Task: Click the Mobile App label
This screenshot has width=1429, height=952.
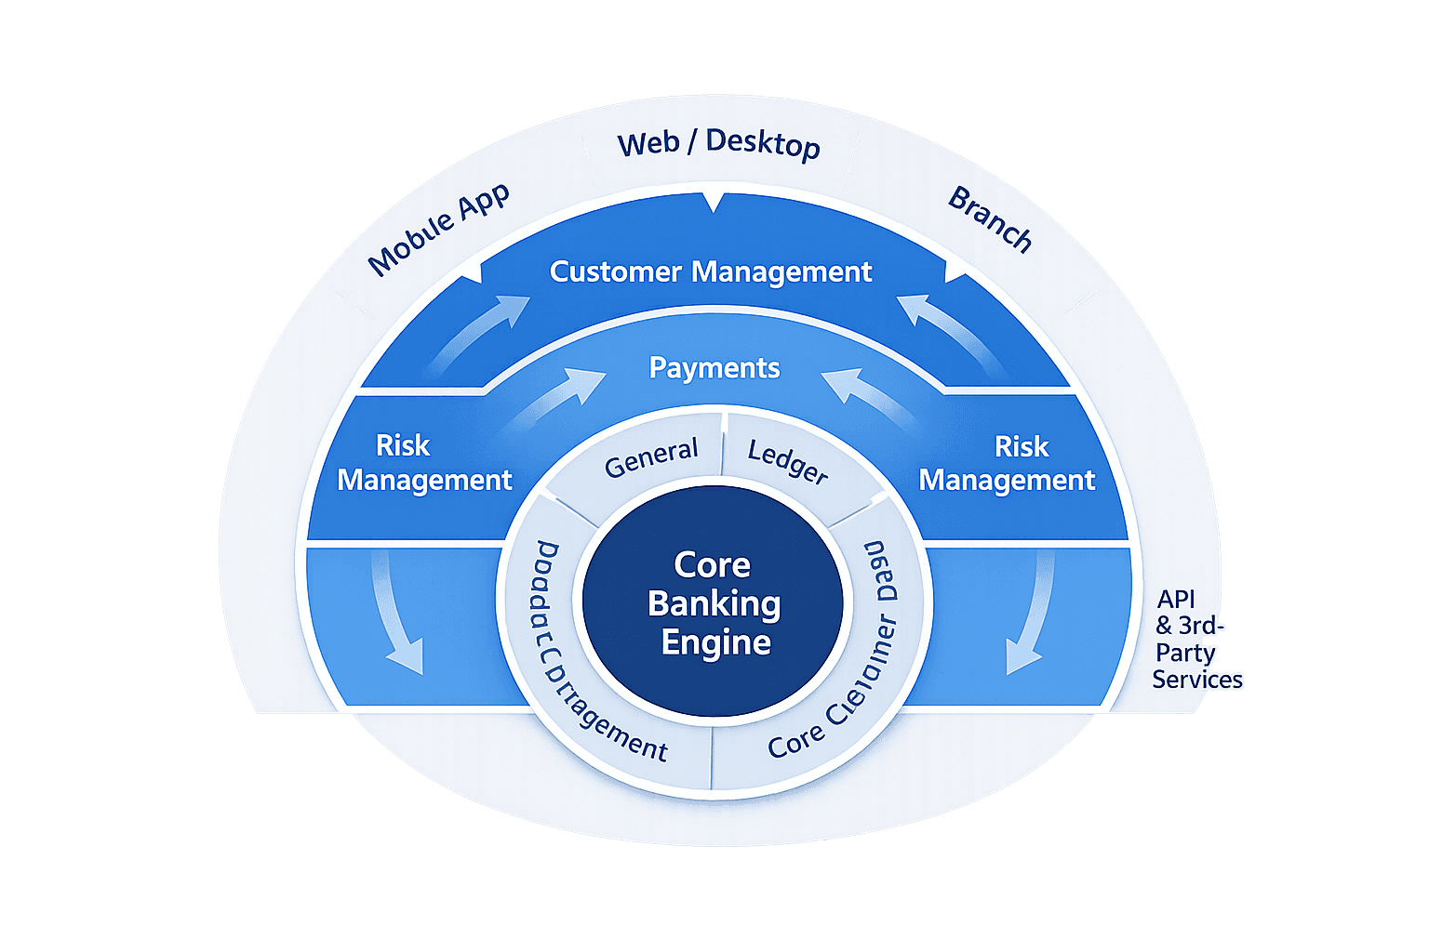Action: (439, 230)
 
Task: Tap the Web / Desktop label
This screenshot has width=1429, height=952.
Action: (718, 144)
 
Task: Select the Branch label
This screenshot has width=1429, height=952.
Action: (990, 220)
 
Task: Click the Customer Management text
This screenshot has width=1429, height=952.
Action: (711, 271)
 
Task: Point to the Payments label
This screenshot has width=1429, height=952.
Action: (714, 368)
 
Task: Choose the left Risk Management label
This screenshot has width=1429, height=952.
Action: (424, 463)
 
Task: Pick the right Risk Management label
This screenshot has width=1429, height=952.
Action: (1008, 464)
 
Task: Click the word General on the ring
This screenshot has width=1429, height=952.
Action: (651, 456)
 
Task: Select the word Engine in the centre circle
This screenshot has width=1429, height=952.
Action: (715, 642)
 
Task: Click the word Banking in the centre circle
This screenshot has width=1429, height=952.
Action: (714, 603)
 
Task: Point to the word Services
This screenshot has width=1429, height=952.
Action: (1197, 680)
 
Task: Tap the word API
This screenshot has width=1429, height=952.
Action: (1176, 600)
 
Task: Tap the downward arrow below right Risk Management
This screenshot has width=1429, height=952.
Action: (1030, 614)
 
